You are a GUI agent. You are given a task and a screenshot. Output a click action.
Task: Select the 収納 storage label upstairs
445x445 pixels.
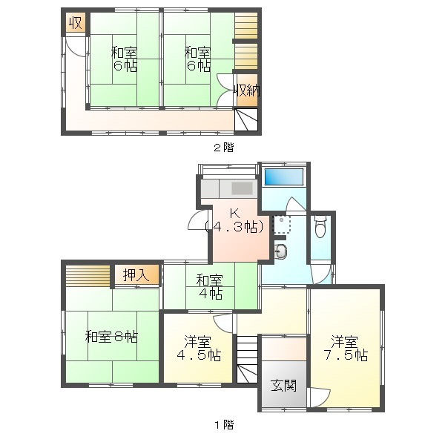coord(246,90)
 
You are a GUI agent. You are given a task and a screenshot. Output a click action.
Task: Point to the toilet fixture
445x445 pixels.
coord(320,227)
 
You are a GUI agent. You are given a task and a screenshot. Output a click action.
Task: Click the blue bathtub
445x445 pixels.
coord(285,178)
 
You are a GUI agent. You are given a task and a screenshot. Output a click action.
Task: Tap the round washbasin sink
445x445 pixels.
coord(282,251)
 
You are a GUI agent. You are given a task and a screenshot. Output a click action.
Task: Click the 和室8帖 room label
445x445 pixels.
coord(111,336)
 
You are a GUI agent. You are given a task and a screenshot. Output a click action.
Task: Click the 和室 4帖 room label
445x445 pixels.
coord(210,286)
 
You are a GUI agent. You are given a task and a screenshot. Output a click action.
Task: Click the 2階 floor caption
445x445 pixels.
coord(223,147)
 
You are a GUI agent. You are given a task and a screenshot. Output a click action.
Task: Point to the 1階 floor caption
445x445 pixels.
coord(223,425)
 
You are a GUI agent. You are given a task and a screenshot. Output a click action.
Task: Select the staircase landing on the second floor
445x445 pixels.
coord(247,119)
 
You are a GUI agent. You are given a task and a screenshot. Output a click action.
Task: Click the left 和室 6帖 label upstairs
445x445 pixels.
coord(125,59)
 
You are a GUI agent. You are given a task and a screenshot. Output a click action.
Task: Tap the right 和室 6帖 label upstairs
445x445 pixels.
coord(197,59)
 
